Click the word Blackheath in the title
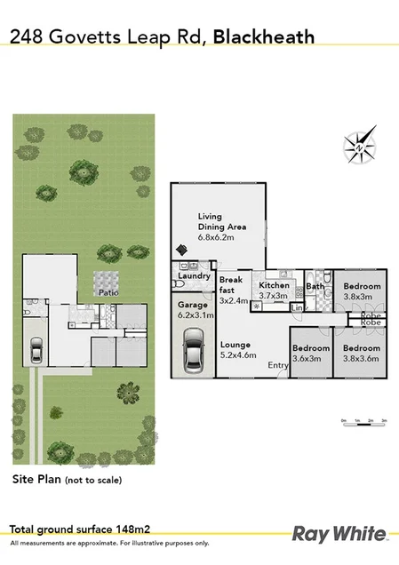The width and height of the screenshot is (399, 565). click(x=264, y=36)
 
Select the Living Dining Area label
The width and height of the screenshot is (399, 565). click(x=222, y=227)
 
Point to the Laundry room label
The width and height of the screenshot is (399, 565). click(x=193, y=276)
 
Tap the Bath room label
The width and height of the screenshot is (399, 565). click(x=315, y=286)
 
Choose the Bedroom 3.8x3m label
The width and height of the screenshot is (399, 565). click(x=362, y=291)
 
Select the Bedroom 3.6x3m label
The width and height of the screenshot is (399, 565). click(x=311, y=353)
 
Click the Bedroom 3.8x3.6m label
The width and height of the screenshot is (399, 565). click(x=362, y=353)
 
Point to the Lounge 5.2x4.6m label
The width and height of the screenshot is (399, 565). click(x=237, y=349)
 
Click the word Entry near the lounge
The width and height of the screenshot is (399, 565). click(x=277, y=365)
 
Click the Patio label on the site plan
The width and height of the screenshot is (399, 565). click(x=108, y=291)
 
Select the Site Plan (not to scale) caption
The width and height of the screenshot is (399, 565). click(x=67, y=480)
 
